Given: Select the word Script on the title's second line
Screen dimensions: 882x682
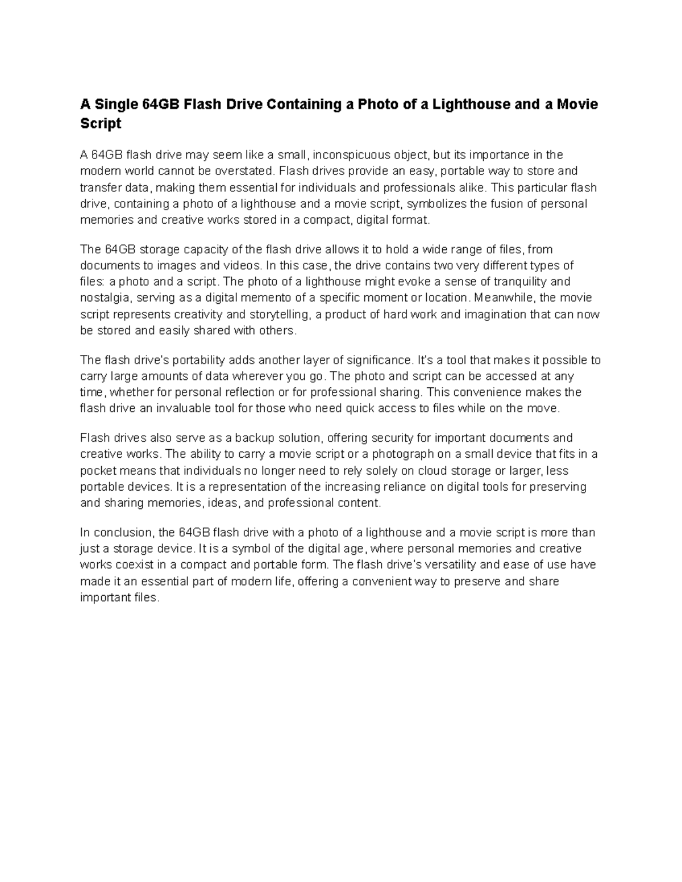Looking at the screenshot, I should click(101, 123).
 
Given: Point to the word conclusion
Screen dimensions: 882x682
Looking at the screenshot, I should click(123, 533).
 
